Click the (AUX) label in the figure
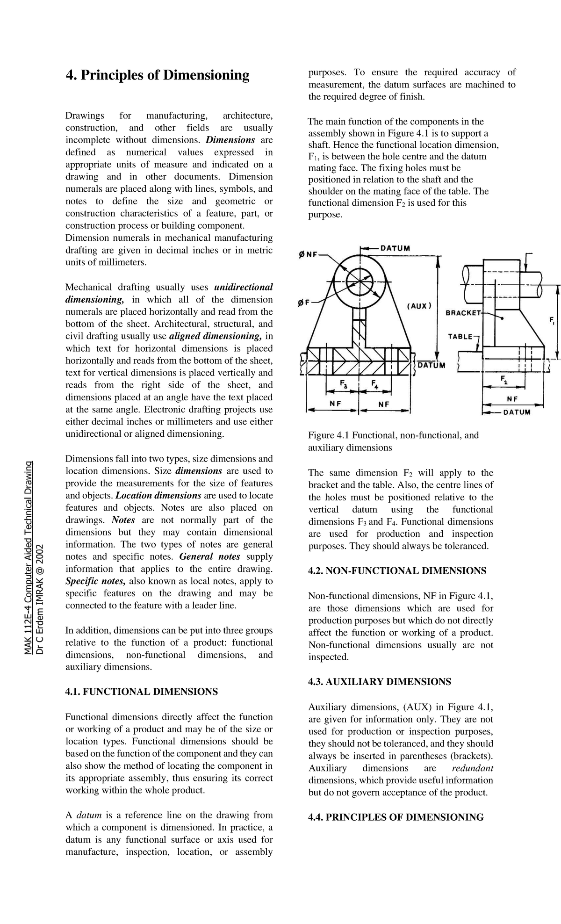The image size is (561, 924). pos(418,306)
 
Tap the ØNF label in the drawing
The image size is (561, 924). pos(308,255)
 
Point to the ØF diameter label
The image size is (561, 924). pos(304,303)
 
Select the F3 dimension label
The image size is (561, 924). pos(344,385)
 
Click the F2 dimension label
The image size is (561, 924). pos(504,379)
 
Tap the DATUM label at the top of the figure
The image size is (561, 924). pos(395,248)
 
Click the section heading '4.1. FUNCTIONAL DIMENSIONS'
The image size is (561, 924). pos(141,692)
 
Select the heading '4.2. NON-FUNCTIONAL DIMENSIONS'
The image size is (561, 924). pos(397,570)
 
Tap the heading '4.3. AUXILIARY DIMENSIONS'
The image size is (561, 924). pos(379,681)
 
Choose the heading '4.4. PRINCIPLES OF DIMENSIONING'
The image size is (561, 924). pos(396,817)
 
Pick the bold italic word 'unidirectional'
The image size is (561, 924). pos(243,287)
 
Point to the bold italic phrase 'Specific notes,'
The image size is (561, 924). pos(95,581)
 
